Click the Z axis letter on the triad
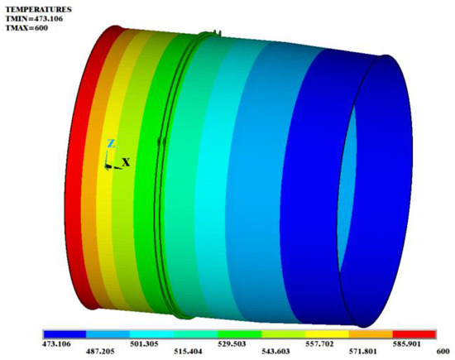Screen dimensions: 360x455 pyautogui.click(x=110, y=143)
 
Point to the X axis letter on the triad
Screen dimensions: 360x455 pyautogui.click(x=126, y=162)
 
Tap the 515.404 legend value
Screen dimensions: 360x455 pyautogui.click(x=180, y=351)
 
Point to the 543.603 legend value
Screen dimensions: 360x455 pyautogui.click(x=261, y=351)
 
